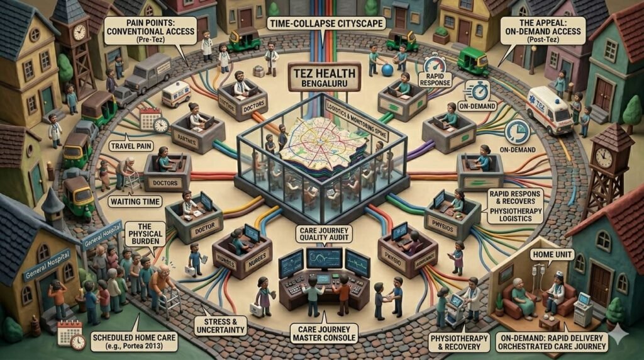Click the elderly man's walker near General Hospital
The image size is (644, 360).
pos(170,303)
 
